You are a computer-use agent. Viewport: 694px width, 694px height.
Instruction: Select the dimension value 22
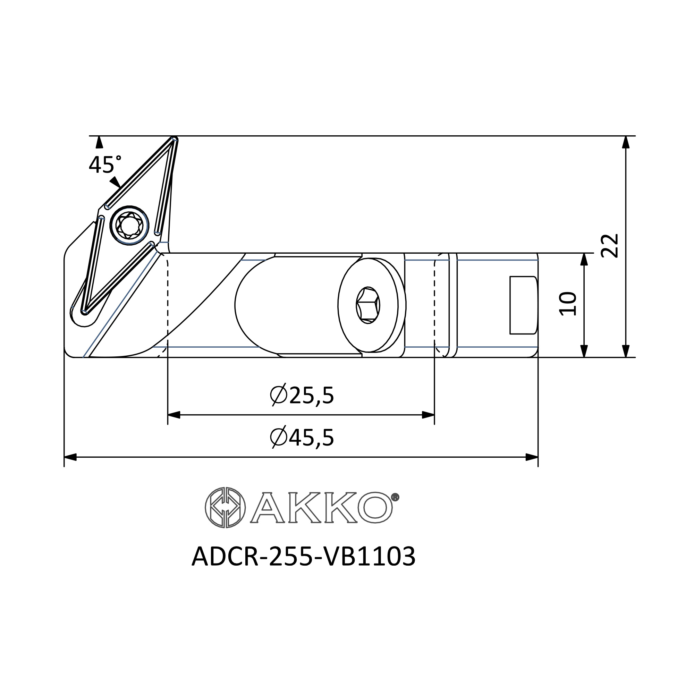pyautogui.click(x=610, y=246)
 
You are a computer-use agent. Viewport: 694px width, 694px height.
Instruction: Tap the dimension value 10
pyautogui.click(x=568, y=304)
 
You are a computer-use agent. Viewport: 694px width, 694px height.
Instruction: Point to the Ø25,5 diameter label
pyautogui.click(x=302, y=396)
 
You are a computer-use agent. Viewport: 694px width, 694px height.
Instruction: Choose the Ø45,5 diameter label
pyautogui.click(x=302, y=438)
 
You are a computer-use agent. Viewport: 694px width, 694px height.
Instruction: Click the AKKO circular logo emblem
pyautogui.click(x=225, y=508)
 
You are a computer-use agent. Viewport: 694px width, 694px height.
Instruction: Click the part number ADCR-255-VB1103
pyautogui.click(x=304, y=557)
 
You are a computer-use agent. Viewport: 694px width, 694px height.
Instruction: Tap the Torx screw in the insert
pyautogui.click(x=129, y=225)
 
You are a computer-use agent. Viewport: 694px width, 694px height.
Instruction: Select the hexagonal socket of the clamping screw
pyautogui.click(x=368, y=305)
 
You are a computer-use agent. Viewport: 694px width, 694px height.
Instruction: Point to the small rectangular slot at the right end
pyautogui.click(x=524, y=305)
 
